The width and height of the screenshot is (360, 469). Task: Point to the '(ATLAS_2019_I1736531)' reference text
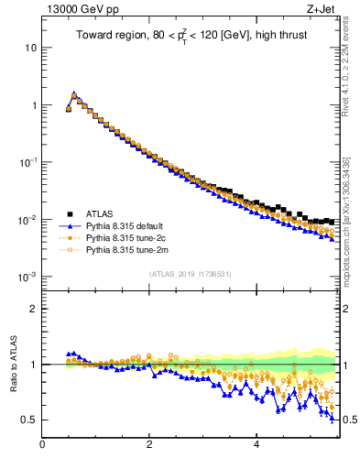191,273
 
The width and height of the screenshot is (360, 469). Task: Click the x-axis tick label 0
42,445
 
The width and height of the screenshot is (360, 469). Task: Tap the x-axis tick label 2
149,445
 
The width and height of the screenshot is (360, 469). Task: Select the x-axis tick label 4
256,445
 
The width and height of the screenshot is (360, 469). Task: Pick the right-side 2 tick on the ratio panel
347,309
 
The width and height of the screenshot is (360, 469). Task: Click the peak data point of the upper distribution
74,94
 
